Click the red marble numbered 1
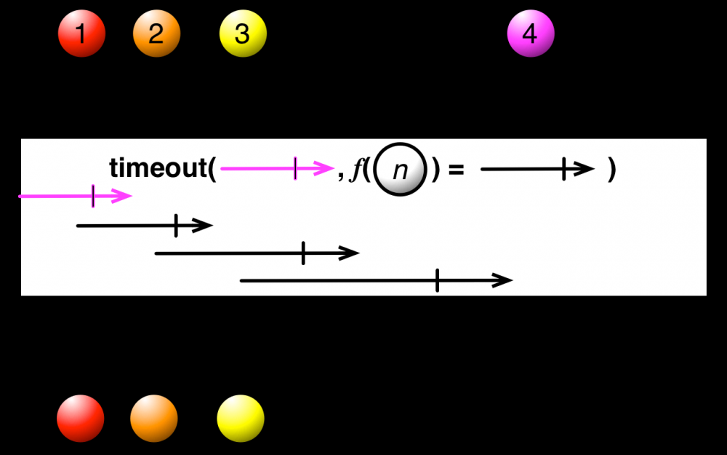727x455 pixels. coord(81,33)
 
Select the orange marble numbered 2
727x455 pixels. coord(156,33)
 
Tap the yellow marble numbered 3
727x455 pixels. coord(243,33)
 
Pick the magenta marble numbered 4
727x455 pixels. coord(531,33)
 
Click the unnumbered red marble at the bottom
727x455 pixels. coord(81,419)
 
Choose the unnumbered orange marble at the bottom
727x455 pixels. coord(154,419)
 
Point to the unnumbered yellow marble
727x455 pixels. coord(241,419)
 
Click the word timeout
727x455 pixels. coord(158,167)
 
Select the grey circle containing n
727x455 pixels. coord(400,170)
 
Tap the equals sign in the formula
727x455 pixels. coord(457,169)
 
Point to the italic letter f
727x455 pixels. coord(356,169)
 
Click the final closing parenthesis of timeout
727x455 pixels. coord(612,170)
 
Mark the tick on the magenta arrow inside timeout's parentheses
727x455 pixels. coord(295,169)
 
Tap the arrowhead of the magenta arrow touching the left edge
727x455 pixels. coord(121,196)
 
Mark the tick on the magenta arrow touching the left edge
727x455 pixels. coord(93,196)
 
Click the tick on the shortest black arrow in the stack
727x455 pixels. coord(176,226)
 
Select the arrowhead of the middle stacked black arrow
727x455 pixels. coord(348,253)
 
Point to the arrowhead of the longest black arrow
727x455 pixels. coord(502,280)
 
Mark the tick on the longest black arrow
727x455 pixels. coord(437,280)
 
